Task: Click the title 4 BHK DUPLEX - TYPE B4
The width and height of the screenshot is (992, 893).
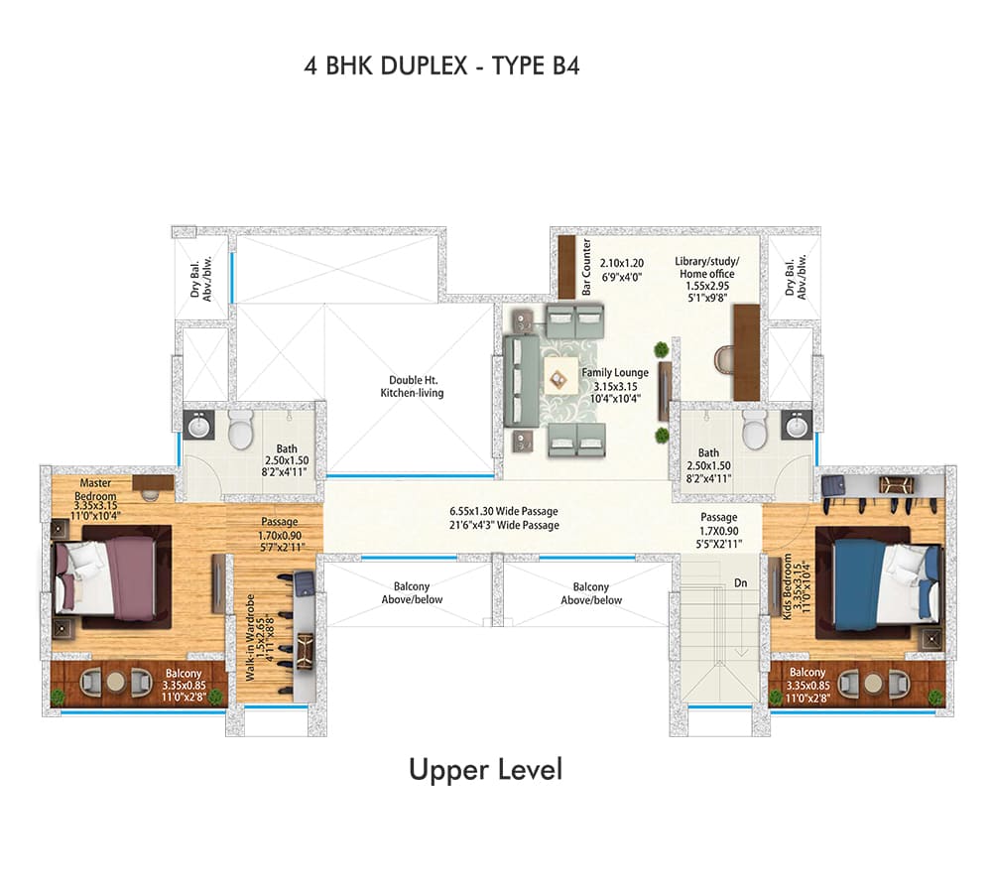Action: [x=441, y=65]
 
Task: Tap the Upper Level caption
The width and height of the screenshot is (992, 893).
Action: [x=485, y=770]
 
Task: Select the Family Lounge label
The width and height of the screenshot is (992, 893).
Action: [x=615, y=373]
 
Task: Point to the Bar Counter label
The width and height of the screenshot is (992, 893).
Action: [x=586, y=267]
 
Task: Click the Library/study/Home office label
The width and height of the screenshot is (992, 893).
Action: [x=706, y=267]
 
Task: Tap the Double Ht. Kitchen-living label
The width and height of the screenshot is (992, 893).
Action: [x=412, y=386]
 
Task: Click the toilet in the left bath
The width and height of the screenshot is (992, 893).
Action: [x=240, y=429]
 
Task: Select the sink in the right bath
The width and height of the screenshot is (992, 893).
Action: [x=796, y=425]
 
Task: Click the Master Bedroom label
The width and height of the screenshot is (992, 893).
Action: [x=95, y=489]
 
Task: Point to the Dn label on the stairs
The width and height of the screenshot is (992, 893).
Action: [x=741, y=582]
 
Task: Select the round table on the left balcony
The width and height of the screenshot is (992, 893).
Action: [x=116, y=681]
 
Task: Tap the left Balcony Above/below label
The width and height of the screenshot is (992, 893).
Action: [x=412, y=593]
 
